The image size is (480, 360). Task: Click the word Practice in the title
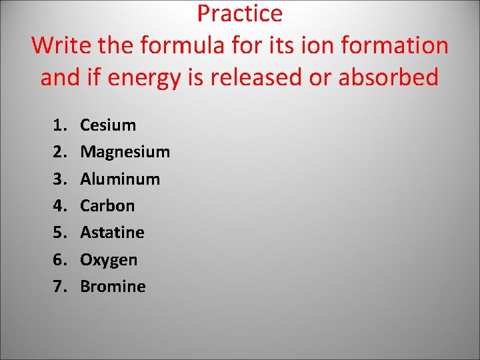[239, 13]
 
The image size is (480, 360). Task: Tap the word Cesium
[108, 125]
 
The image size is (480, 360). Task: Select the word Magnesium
[125, 152]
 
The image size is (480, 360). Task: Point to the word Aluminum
[120, 179]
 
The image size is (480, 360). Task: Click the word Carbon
[107, 206]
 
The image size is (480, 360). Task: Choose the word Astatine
[112, 233]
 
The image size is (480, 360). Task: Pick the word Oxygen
[109, 259]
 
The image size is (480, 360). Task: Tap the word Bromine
[113, 287]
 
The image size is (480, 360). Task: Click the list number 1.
[59, 125]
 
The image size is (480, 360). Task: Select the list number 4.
[59, 206]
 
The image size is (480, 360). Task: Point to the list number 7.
[59, 287]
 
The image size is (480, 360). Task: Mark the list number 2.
[59, 152]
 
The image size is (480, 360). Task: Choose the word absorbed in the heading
[389, 77]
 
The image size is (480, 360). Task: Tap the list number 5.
[59, 233]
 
